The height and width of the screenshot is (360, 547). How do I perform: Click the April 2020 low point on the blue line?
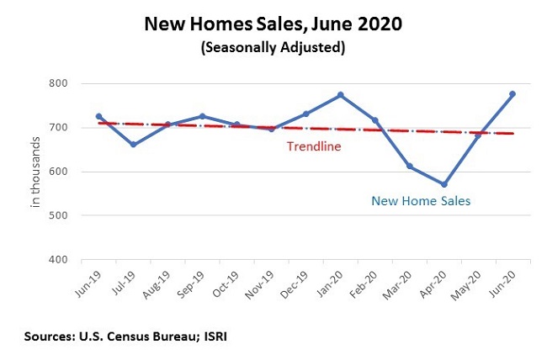point(443,184)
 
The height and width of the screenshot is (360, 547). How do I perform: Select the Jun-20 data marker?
point(512,94)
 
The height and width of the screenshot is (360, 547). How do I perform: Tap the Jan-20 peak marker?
point(341,95)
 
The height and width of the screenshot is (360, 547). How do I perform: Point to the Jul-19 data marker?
point(133,145)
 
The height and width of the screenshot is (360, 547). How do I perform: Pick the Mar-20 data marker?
point(409,167)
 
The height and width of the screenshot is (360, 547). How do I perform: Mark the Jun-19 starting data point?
point(98,116)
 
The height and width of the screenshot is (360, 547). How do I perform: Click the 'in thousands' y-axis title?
point(36,171)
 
